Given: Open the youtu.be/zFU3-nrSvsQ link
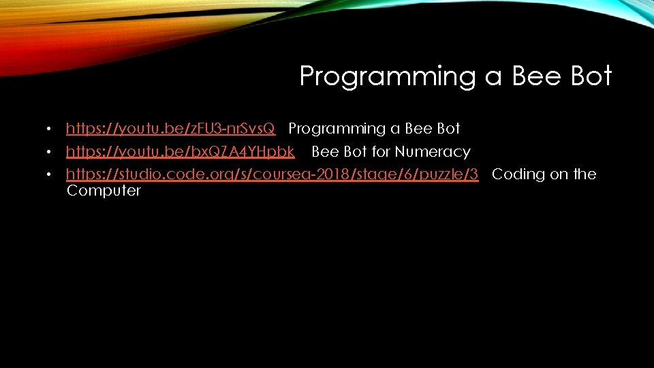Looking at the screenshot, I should (x=170, y=129).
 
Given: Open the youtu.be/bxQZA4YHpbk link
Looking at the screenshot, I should (x=180, y=151).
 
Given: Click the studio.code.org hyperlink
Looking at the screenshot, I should (x=272, y=174).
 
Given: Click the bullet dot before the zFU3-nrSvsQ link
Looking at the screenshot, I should (x=49, y=129).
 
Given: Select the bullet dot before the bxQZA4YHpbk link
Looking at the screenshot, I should (x=49, y=152).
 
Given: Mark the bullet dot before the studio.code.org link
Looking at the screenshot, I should (x=49, y=175).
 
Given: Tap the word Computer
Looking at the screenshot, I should (x=104, y=191).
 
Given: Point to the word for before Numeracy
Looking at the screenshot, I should (x=381, y=151).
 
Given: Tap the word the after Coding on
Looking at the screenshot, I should (x=584, y=174).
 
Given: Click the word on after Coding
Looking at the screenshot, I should (x=559, y=174).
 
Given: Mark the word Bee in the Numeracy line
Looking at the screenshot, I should (x=325, y=151).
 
